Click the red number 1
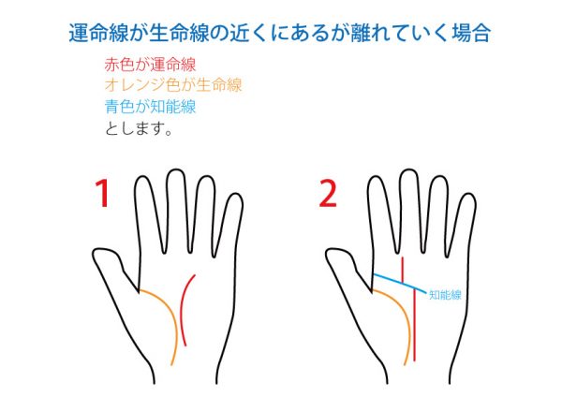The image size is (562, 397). coord(103,194)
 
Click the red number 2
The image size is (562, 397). coord(328,194)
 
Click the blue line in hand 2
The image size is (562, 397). coord(400,283)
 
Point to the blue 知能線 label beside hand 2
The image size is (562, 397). coord(445,295)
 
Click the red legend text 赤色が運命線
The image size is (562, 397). coord(150,65)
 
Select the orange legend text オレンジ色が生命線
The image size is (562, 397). coord(173,85)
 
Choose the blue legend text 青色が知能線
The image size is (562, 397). coord(150,107)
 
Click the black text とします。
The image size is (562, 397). coord(139,128)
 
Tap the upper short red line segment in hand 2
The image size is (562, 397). coord(403,270)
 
